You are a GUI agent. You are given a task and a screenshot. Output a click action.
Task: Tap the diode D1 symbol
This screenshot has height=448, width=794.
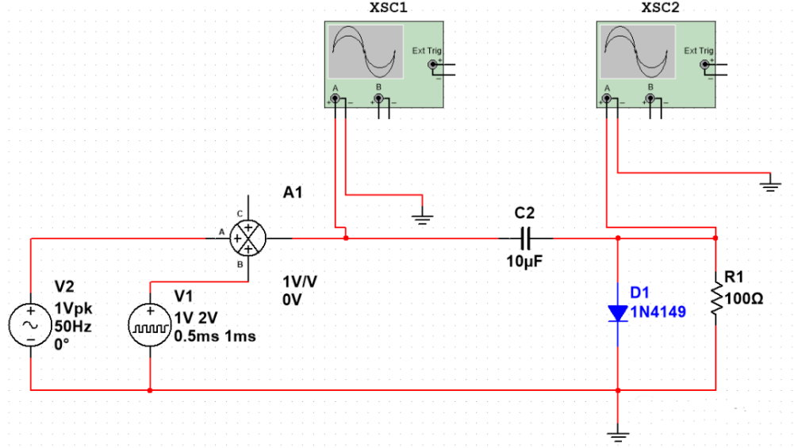618,314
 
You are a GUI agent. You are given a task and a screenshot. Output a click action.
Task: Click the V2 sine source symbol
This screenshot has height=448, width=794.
29,326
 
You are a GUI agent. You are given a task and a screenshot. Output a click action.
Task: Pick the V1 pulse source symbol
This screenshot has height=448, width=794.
149,326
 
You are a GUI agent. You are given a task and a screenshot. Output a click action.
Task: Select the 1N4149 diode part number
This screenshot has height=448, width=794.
658,312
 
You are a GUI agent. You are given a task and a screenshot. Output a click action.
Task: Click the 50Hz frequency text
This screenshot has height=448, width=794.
74,327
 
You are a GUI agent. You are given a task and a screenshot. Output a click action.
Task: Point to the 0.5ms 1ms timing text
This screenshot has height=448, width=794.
215,336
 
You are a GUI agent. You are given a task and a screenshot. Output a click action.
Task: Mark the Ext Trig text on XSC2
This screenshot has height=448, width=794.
699,51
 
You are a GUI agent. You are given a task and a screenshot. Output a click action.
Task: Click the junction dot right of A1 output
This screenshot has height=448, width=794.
346,237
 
